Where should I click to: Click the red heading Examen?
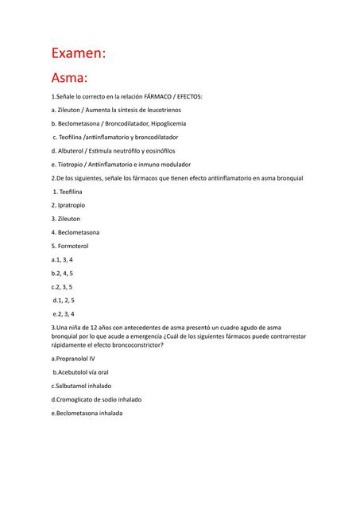tap(78, 53)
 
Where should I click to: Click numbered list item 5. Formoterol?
tap(69, 246)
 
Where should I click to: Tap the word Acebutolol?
tap(75, 372)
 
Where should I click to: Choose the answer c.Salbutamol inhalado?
tap(80, 386)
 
